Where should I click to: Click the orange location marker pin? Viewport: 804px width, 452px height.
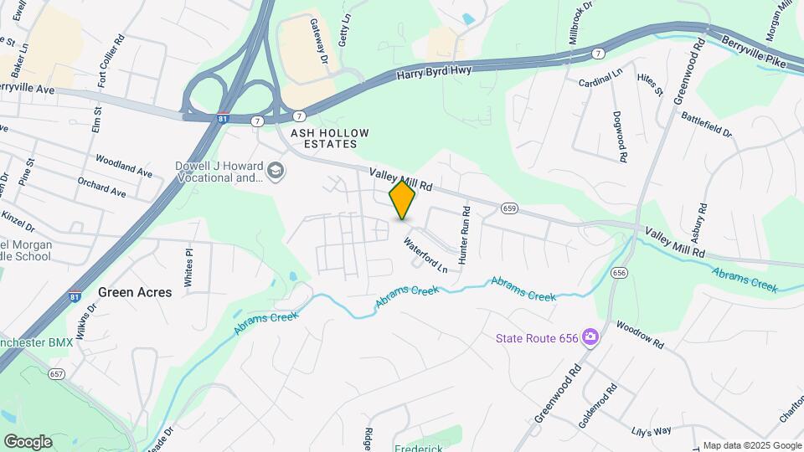click(x=403, y=200)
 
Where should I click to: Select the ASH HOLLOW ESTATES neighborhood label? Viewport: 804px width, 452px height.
click(x=324, y=138)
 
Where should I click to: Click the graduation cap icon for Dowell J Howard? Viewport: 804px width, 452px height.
click(x=276, y=172)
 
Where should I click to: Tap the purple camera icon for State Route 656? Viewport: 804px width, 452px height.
click(x=591, y=336)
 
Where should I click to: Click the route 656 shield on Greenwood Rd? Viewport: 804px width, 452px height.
click(x=620, y=273)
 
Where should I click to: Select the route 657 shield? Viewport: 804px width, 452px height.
click(x=57, y=374)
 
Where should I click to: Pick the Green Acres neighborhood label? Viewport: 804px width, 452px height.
click(x=135, y=292)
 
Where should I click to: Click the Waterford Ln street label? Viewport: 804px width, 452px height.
click(x=425, y=255)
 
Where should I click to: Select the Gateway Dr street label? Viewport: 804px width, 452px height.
click(x=318, y=42)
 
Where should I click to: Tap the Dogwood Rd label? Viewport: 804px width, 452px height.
click(x=620, y=136)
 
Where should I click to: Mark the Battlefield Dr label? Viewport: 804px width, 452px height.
click(x=707, y=126)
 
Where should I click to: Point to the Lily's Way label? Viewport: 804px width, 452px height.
click(x=652, y=431)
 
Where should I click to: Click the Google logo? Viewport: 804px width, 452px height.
click(x=28, y=441)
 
